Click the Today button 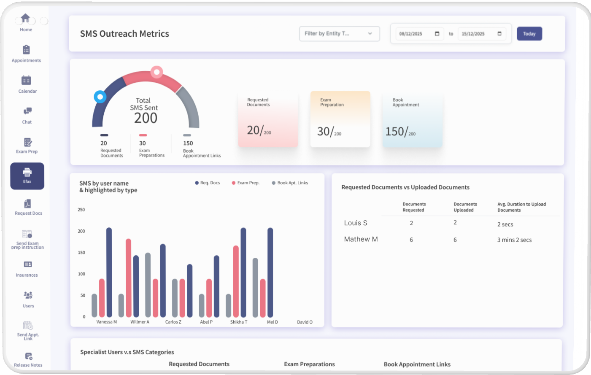point(529,33)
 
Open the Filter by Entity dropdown point(339,33)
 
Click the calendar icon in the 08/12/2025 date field point(437,33)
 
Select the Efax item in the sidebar point(27,176)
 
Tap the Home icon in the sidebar point(25,18)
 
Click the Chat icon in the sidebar point(27,111)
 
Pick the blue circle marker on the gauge point(100,97)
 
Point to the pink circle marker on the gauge point(157,72)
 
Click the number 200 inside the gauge point(146,118)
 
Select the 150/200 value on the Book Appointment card point(400,132)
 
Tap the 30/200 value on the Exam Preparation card point(329,132)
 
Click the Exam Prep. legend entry point(246,183)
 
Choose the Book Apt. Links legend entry point(290,183)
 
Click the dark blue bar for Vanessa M point(109,272)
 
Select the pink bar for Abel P point(209,298)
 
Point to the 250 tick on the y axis point(81,210)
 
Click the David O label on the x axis point(305,322)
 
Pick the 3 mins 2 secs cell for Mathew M point(515,240)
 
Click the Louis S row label point(356,223)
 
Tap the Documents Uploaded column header point(465,207)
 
